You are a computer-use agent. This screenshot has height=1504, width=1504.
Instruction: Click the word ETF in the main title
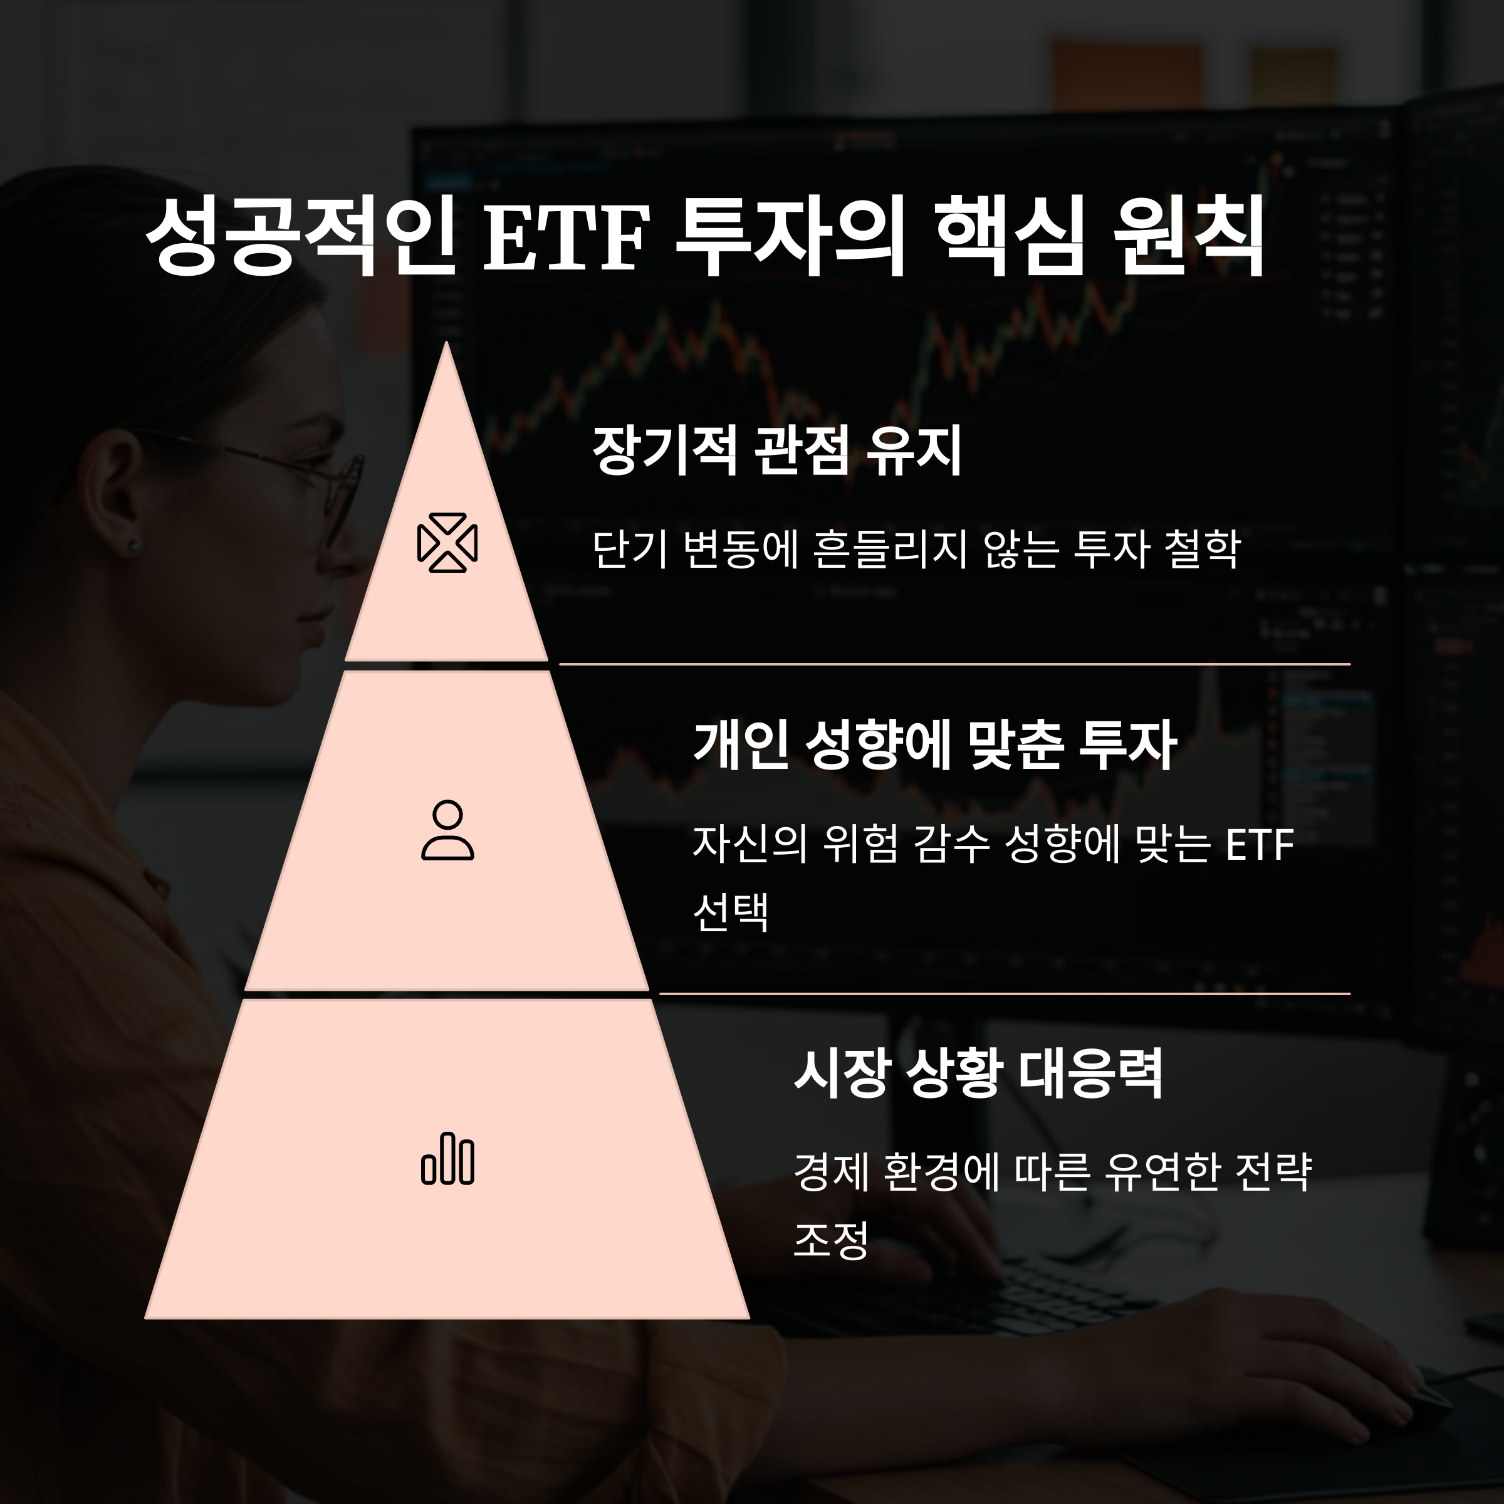point(566,238)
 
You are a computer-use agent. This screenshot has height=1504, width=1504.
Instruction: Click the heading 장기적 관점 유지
point(777,451)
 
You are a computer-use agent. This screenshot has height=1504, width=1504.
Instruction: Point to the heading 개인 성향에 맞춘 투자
point(934,745)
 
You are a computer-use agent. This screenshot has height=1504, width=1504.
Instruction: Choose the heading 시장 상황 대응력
point(978,1073)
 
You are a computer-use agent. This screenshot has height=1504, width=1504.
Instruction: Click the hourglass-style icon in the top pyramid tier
point(447,543)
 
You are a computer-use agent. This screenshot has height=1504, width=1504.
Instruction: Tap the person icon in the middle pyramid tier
point(447,830)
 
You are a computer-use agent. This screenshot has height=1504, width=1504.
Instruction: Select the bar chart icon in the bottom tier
point(447,1159)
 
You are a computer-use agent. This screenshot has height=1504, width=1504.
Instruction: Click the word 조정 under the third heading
point(830,1240)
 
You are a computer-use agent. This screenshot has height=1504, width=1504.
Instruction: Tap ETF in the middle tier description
point(1259,845)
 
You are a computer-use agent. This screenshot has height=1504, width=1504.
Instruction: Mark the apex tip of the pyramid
point(446,344)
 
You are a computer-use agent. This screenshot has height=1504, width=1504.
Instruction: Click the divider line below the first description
point(954,664)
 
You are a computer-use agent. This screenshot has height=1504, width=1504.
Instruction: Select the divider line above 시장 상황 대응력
point(1004,993)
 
